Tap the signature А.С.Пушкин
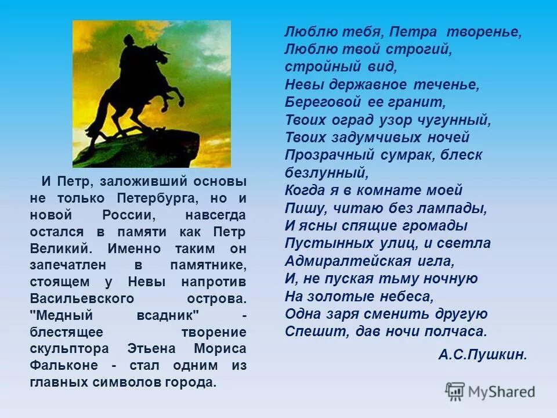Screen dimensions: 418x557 click(483, 355)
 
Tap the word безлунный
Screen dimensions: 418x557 click(325, 172)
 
